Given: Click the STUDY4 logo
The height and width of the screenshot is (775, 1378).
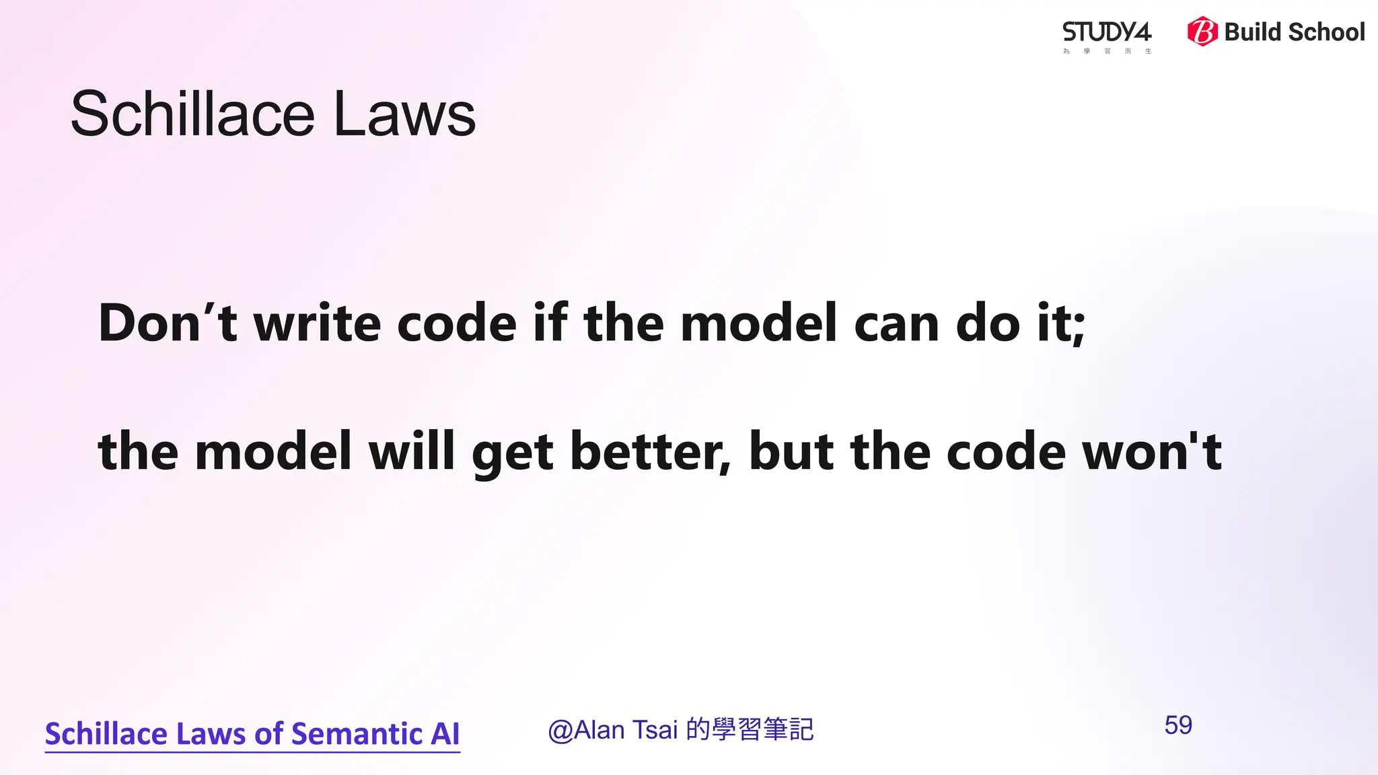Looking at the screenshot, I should [x=1107, y=34].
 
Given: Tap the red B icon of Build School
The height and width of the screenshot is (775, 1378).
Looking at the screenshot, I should [x=1202, y=32].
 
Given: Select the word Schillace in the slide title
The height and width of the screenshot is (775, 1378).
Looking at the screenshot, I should [x=192, y=114].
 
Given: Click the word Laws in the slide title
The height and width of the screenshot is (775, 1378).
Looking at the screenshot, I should [x=404, y=114].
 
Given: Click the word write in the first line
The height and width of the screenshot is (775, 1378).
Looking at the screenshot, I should [x=317, y=324].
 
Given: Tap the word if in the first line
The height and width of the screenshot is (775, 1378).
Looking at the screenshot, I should [x=550, y=324].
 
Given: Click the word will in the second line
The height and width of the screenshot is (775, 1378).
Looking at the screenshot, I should [x=412, y=451].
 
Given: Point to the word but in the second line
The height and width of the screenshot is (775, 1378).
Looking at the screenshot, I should [x=791, y=451].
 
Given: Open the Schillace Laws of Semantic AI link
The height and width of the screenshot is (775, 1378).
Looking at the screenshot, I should [x=252, y=734].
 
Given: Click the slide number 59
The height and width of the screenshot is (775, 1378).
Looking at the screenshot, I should [x=1178, y=725].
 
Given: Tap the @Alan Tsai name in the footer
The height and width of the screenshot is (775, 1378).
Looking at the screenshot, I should [x=612, y=730].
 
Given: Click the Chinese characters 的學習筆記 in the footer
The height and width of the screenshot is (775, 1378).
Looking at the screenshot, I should [x=750, y=730].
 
